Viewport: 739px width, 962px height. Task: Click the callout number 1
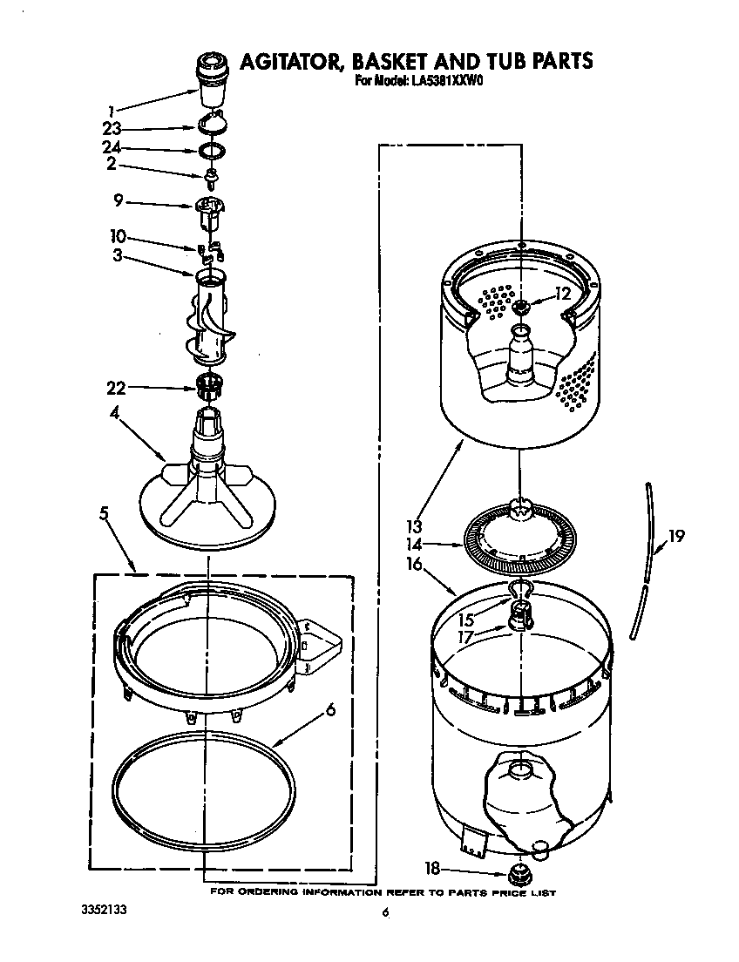click(x=112, y=111)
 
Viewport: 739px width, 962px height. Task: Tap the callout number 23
click(x=111, y=129)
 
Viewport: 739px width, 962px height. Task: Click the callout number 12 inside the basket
click(x=563, y=295)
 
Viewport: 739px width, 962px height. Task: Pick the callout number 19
click(x=676, y=537)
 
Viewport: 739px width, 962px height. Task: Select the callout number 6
click(x=330, y=710)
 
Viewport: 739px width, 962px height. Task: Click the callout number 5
click(x=104, y=513)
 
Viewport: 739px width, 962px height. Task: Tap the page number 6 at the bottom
click(x=383, y=913)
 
